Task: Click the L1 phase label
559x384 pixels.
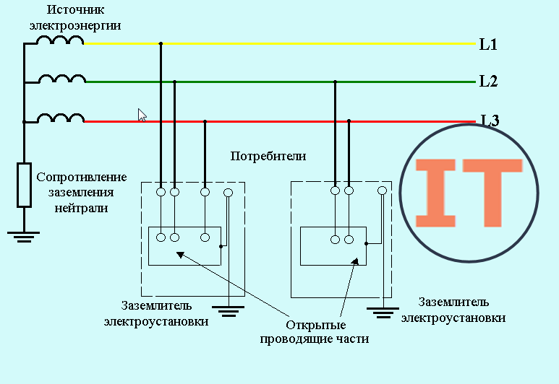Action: coord(488,45)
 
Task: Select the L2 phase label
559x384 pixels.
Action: coord(488,81)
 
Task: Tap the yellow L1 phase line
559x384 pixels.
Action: coord(280,44)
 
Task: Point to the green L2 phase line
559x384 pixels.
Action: coord(281,82)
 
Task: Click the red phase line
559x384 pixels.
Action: coord(280,122)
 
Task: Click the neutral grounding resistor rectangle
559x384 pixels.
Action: coord(25,185)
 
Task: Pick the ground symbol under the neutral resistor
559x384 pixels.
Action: coord(24,237)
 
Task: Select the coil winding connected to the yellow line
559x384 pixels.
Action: coord(60,40)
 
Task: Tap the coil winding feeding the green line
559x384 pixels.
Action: coord(62,79)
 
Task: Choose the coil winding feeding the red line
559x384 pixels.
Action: coord(61,118)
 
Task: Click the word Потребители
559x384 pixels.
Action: coord(268,156)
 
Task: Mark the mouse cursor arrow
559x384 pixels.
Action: coord(142,115)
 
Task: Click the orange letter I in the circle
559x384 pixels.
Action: coord(435,193)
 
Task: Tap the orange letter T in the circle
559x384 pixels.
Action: coord(492,193)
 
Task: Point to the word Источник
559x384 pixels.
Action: coord(76,9)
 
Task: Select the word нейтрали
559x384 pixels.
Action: coord(81,208)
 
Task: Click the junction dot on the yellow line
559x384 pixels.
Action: coord(161,44)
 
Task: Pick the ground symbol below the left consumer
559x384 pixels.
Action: coord(229,311)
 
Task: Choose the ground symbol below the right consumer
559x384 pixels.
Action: coord(383,313)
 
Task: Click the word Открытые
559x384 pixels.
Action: coord(316,326)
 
